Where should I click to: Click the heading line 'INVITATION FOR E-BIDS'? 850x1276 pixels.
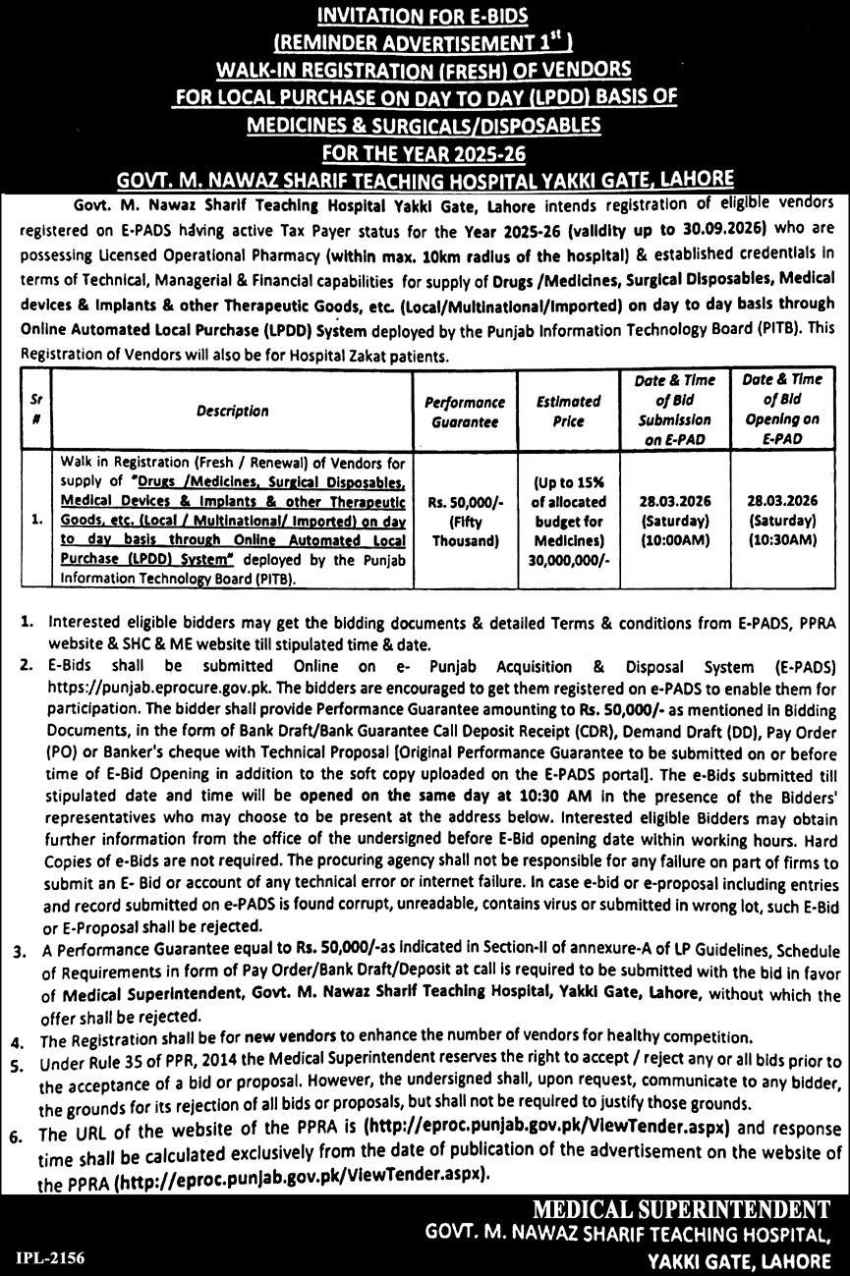tap(425, 17)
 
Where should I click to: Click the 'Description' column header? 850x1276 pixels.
tap(232, 411)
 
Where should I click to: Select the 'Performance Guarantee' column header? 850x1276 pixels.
tap(465, 412)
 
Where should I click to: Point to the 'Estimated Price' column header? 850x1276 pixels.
tap(568, 412)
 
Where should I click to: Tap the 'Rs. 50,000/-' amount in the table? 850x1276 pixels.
tap(465, 500)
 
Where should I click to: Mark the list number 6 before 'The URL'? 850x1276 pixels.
tap(17, 1135)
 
